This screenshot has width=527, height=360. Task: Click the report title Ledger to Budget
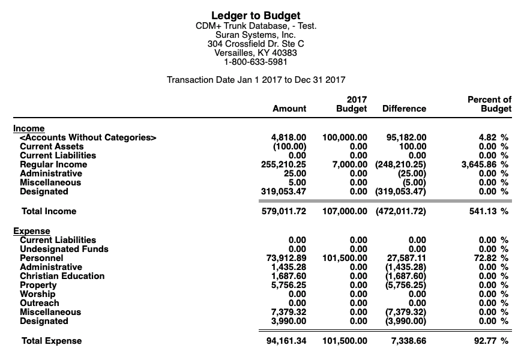256,16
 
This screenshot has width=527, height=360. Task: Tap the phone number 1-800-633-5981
256,62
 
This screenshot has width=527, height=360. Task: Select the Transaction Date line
256,80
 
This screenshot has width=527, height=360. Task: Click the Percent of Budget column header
489,104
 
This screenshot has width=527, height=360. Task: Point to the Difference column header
404,109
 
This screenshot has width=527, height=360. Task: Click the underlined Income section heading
29,128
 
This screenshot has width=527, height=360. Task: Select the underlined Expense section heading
32,231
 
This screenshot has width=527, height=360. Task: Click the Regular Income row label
53,164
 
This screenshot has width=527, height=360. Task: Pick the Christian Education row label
62,276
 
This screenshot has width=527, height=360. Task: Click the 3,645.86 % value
484,164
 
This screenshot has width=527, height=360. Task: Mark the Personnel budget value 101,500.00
345,258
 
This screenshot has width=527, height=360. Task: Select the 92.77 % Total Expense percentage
492,341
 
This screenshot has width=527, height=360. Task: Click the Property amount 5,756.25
289,285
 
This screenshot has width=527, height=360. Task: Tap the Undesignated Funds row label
64,249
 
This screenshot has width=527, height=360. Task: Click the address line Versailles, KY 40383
256,53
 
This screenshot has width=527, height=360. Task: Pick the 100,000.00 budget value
345,137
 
